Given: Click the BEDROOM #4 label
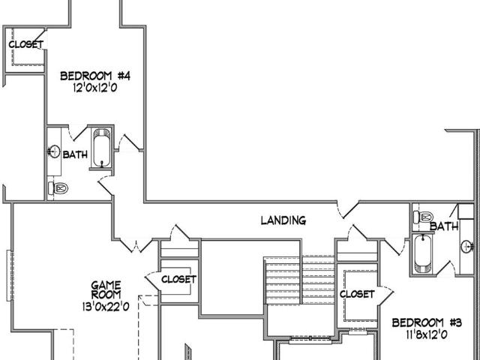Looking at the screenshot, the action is (x=95, y=76).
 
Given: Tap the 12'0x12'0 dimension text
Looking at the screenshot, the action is (x=95, y=88).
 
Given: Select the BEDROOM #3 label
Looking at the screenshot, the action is (x=427, y=322).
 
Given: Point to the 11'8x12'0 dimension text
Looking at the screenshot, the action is (x=427, y=335).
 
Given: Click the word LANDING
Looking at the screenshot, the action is (x=283, y=220).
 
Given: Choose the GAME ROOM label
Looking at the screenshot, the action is (x=106, y=290).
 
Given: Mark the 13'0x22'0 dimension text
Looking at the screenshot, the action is (x=106, y=307).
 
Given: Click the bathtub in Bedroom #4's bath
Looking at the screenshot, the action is (x=102, y=148).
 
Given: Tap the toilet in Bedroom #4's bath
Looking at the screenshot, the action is (x=58, y=188).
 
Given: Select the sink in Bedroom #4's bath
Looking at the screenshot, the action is (x=54, y=151).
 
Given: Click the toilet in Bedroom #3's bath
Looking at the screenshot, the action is (x=423, y=217).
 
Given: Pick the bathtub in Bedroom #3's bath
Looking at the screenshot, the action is (x=423, y=254).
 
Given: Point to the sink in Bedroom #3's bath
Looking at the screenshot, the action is (x=467, y=246).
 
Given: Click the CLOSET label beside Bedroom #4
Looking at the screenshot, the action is (x=26, y=45).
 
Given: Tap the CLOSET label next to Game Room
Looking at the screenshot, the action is (x=178, y=279).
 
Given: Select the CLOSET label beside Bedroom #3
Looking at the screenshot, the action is (x=357, y=294).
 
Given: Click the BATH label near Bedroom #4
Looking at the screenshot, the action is (x=75, y=154).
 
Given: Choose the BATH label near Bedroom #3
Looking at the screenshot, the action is (x=444, y=226).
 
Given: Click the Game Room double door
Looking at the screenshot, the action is (x=136, y=245).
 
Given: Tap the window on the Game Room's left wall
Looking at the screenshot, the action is (x=10, y=275).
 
